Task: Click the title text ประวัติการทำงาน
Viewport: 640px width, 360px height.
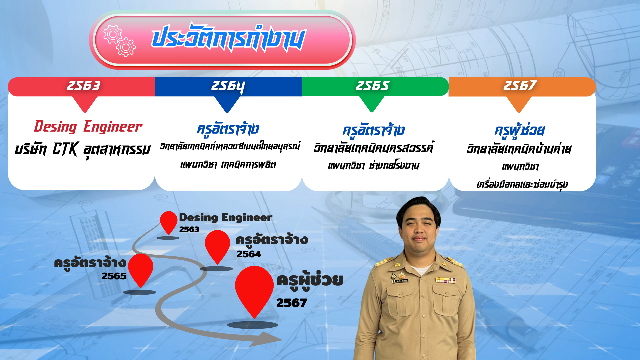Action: pyautogui.click(x=228, y=38)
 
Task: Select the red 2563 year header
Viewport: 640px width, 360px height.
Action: pyautogui.click(x=81, y=87)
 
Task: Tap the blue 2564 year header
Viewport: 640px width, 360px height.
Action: pyautogui.click(x=228, y=87)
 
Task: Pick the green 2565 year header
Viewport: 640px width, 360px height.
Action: pyautogui.click(x=375, y=87)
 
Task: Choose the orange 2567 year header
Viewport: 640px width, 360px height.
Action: pyautogui.click(x=522, y=87)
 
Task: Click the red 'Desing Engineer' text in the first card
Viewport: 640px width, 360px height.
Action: pyautogui.click(x=88, y=127)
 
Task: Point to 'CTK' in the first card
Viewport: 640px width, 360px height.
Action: pyautogui.click(x=65, y=149)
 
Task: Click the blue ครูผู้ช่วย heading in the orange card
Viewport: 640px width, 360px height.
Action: pyautogui.click(x=520, y=131)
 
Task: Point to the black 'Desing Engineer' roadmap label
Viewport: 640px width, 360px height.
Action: pyautogui.click(x=226, y=218)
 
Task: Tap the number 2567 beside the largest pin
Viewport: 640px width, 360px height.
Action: pyautogui.click(x=292, y=303)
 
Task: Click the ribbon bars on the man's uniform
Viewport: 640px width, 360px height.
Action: pyautogui.click(x=445, y=280)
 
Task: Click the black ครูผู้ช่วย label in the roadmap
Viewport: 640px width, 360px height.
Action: pyautogui.click(x=310, y=281)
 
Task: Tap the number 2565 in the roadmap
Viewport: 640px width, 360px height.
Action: pyautogui.click(x=114, y=276)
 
